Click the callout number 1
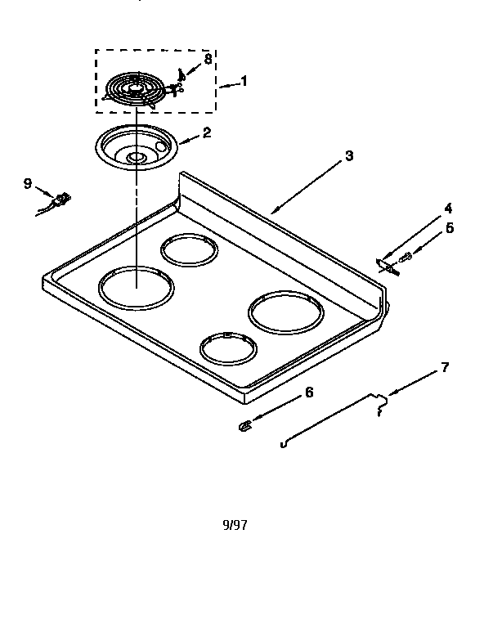click(243, 82)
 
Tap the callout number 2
click(207, 132)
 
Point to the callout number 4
click(447, 208)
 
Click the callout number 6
click(308, 392)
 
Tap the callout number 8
click(208, 59)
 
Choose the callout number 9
click(28, 183)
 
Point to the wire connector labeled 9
click(57, 200)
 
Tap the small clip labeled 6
click(244, 425)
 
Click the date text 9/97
click(235, 525)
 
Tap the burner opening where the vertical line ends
click(136, 287)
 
